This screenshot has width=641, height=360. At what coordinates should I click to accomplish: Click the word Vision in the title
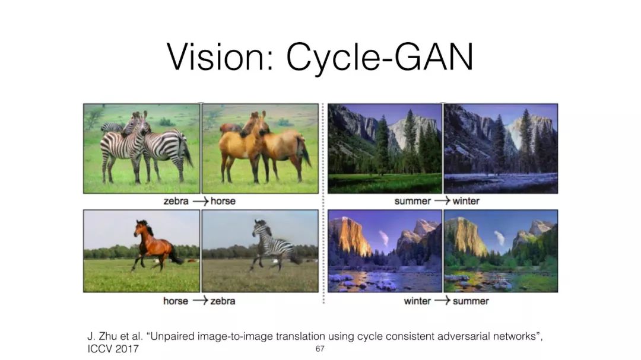point(215,57)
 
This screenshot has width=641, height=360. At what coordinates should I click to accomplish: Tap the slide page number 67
point(320,349)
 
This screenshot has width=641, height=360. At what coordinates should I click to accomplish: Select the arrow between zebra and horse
point(201,201)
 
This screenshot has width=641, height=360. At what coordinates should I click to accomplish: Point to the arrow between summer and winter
point(442,201)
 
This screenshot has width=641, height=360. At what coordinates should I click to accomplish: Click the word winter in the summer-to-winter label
point(466,201)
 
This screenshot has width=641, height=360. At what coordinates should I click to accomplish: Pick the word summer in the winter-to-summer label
point(471,301)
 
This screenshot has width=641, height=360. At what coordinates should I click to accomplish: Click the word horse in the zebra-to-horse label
point(223,201)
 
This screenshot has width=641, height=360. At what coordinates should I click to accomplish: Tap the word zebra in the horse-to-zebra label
point(223,301)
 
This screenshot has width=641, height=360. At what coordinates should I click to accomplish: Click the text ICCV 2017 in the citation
point(113,349)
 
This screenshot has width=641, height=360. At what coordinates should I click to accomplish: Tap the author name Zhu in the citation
point(109,336)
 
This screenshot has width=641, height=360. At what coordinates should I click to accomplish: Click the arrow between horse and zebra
point(201,301)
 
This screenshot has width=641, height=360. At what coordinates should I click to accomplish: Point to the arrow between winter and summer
point(442,301)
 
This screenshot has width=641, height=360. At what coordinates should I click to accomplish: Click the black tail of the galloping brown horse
point(177,256)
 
